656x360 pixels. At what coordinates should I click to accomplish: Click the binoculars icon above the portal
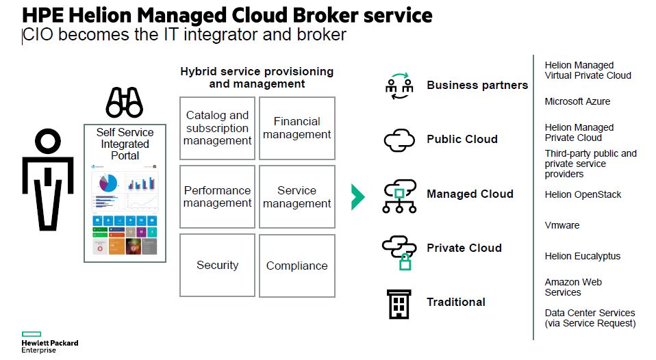click(x=124, y=103)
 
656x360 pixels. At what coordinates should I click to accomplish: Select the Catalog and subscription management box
click(x=217, y=128)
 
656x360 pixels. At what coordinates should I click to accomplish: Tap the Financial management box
click(x=297, y=128)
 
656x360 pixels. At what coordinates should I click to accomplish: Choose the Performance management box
click(x=217, y=196)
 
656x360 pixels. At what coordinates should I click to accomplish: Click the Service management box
click(x=297, y=196)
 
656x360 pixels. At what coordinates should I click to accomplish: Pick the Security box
click(x=217, y=266)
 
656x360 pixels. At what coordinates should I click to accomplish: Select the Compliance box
click(x=297, y=266)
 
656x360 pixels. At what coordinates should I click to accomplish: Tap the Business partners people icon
click(x=399, y=86)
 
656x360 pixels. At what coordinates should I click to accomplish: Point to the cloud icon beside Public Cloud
click(x=399, y=140)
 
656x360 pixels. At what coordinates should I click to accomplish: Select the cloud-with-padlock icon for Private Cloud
click(x=399, y=250)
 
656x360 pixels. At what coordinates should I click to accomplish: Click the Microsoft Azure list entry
click(x=577, y=101)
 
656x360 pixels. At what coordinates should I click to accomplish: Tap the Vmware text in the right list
click(x=562, y=225)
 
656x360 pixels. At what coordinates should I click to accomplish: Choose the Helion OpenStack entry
click(x=583, y=194)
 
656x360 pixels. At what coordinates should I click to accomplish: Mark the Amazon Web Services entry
click(x=572, y=287)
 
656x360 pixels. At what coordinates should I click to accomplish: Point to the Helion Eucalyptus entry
click(x=582, y=256)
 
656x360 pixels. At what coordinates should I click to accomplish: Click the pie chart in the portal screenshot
click(x=108, y=183)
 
